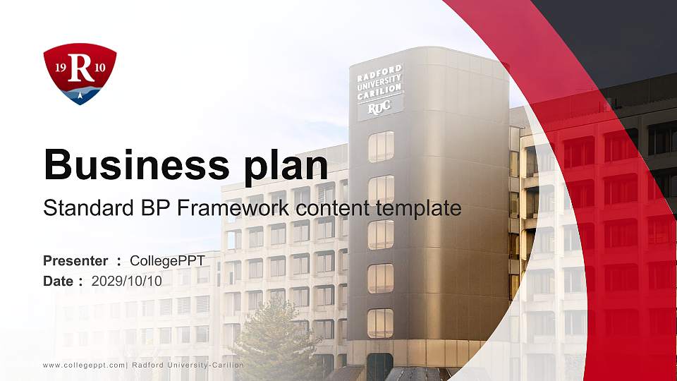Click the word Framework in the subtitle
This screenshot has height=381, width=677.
pyautogui.click(x=243, y=208)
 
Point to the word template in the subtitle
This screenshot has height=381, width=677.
pyautogui.click(x=418, y=208)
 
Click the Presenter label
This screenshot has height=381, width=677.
pyautogui.click(x=75, y=261)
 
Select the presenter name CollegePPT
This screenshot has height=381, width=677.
pyautogui.click(x=172, y=261)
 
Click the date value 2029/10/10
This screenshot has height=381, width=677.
pyautogui.click(x=127, y=281)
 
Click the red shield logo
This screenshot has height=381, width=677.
pyautogui.click(x=80, y=73)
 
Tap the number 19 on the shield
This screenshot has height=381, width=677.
pyautogui.click(x=61, y=67)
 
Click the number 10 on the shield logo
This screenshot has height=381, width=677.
pyautogui.click(x=100, y=67)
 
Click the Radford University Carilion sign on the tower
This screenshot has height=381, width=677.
pyautogui.click(x=379, y=86)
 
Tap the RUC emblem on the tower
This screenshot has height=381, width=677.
pyautogui.click(x=379, y=109)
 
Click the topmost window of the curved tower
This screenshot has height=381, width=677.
pyautogui.click(x=381, y=146)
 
